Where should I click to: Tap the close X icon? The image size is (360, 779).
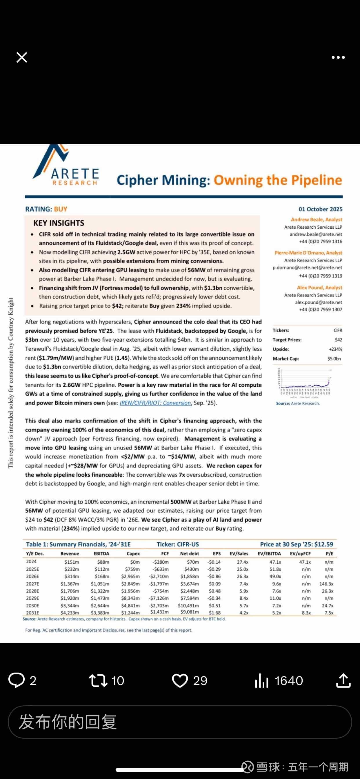(22, 57)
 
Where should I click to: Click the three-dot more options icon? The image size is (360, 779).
(338, 57)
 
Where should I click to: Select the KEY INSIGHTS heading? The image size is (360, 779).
(59, 223)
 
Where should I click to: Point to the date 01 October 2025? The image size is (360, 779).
(320, 209)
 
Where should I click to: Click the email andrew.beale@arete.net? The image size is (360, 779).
(316, 234)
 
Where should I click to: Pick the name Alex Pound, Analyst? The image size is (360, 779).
(319, 287)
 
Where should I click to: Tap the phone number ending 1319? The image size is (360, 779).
(320, 276)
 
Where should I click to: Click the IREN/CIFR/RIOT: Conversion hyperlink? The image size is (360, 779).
(155, 403)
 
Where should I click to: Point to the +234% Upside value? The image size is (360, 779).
(335, 349)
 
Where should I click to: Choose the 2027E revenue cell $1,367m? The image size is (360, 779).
(70, 584)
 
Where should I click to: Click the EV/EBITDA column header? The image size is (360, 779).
(269, 554)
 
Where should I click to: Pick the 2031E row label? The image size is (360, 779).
(32, 613)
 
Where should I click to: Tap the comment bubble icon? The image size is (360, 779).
(16, 680)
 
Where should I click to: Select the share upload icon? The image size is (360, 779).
(343, 680)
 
